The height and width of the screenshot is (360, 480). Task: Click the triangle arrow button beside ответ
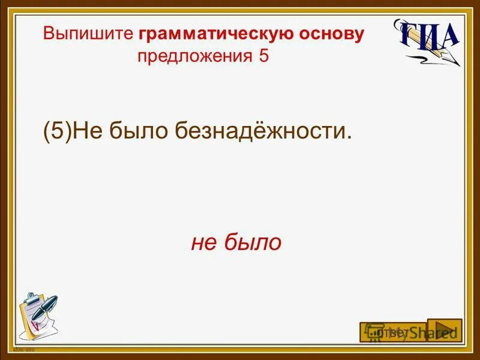445,330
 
